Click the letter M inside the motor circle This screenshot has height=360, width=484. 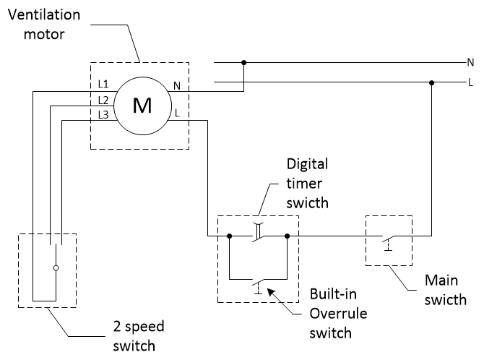tap(142, 106)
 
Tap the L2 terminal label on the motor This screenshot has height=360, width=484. tap(103, 100)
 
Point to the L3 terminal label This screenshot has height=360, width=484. tap(103, 115)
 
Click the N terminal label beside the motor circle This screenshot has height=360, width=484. tap(177, 87)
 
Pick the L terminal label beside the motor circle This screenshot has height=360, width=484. tap(177, 113)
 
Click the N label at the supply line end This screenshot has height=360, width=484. tap(470, 64)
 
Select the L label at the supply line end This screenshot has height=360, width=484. tap(471, 83)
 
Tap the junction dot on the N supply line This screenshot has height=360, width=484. tap(244, 64)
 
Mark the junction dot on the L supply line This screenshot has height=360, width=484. tap(432, 83)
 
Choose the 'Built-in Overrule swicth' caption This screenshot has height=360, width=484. tap(333, 314)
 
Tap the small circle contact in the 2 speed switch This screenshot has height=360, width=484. tap(56, 268)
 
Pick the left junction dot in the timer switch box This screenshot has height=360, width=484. tap(230, 236)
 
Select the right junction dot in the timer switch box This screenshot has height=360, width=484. tap(288, 236)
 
